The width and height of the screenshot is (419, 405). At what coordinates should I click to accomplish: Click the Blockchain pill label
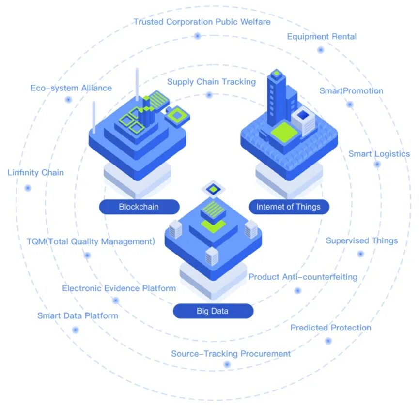(139, 207)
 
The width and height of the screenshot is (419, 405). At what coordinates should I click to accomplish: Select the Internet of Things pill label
(288, 207)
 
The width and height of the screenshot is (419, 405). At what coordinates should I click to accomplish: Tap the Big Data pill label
(213, 311)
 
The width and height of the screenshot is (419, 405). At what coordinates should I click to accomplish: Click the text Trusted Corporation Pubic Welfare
(202, 22)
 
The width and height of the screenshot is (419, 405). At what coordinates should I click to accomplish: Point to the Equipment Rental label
(322, 37)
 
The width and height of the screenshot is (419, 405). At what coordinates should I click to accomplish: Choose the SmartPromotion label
(351, 91)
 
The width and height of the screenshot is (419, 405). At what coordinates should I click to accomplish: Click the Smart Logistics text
(379, 154)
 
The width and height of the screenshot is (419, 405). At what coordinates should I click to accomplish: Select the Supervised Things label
(361, 240)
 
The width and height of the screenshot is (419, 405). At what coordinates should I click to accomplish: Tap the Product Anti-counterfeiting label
(303, 277)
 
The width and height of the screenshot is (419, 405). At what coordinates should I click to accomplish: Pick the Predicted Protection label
(330, 328)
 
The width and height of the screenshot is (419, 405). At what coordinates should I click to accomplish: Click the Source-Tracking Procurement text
(231, 354)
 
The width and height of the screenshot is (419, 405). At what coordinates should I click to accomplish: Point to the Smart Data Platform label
(78, 316)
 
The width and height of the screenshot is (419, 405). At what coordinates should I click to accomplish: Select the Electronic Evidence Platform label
(119, 288)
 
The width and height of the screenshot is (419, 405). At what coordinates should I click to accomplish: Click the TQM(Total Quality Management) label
(91, 241)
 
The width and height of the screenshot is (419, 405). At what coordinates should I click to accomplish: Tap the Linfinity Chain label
(35, 172)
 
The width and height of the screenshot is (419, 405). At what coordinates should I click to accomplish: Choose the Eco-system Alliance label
(71, 88)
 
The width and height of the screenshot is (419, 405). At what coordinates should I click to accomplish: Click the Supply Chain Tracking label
(211, 82)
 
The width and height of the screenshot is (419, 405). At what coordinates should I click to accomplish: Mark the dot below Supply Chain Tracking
(209, 95)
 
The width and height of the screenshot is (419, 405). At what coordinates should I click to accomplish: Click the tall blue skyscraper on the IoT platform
(277, 97)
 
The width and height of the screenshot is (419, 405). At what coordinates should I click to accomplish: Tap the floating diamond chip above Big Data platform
(212, 189)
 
